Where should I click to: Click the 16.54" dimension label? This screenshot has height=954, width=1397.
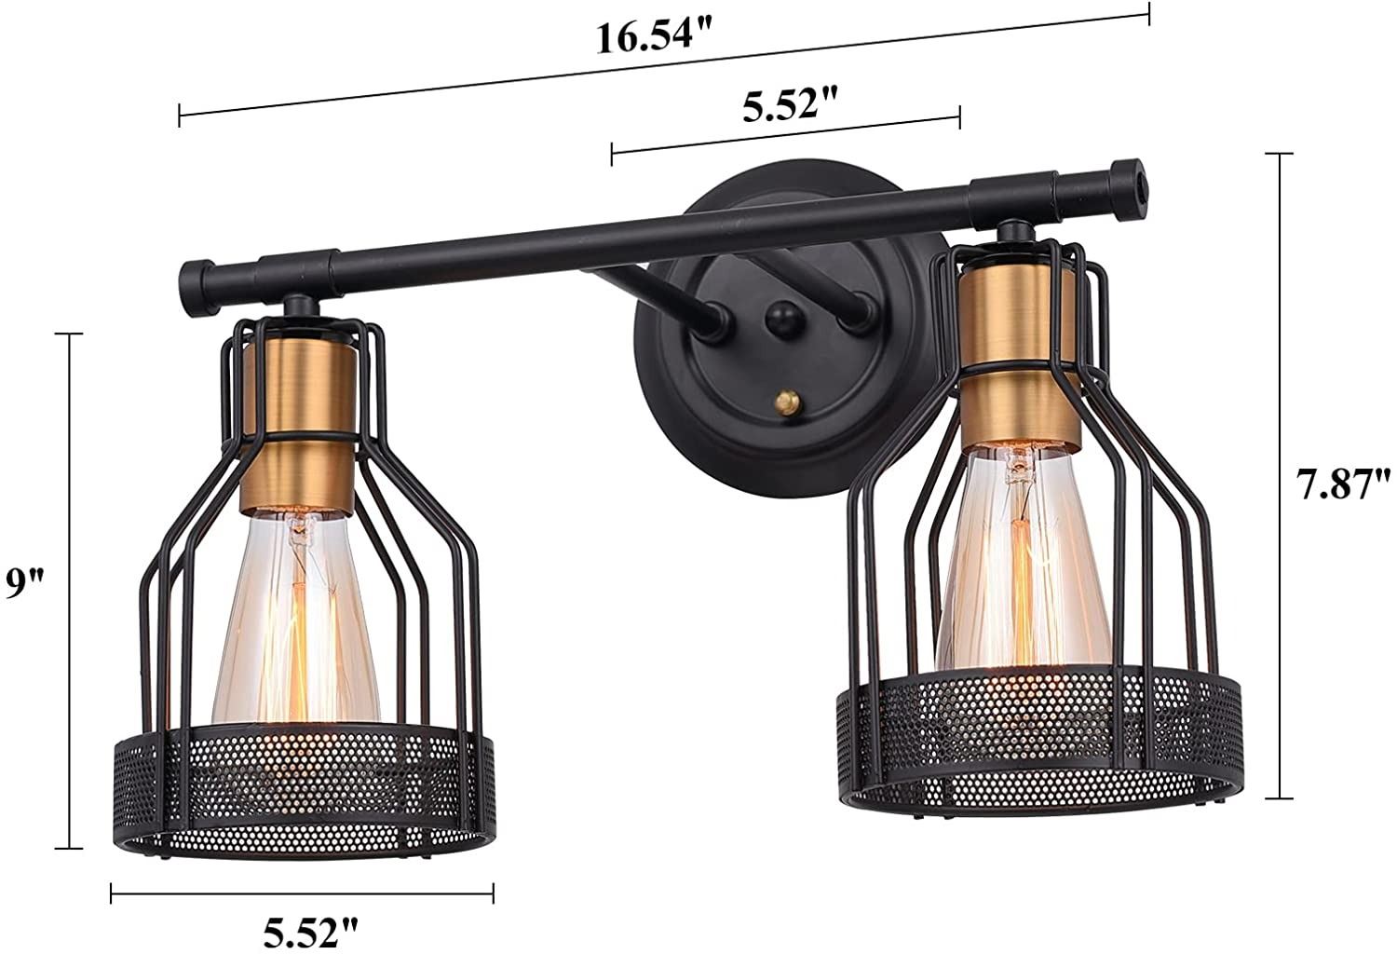click(654, 37)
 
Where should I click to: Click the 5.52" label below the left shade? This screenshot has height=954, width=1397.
click(310, 932)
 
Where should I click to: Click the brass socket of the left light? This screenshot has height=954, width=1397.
click(297, 423)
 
